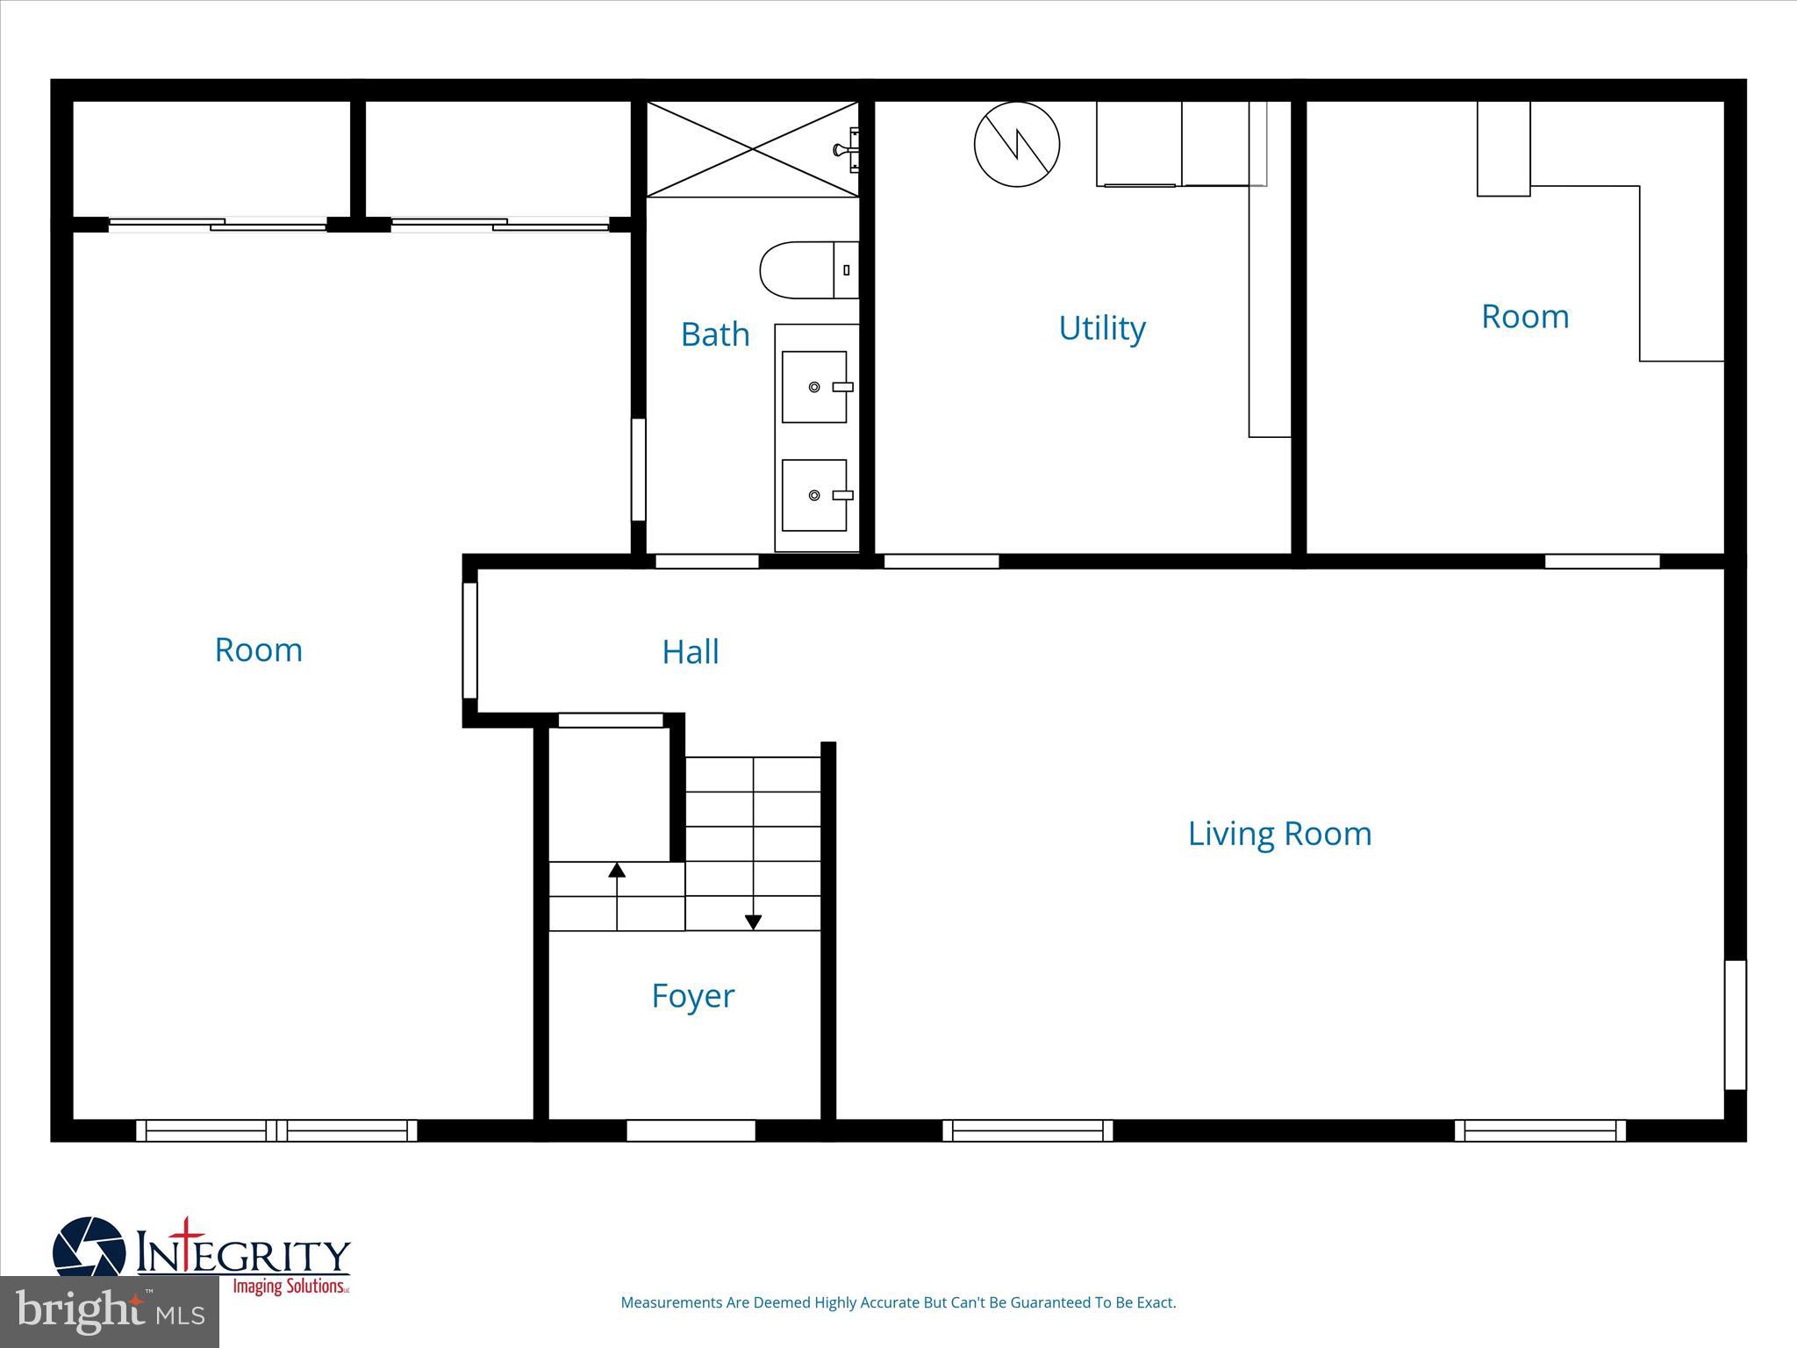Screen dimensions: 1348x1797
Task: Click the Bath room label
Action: (x=715, y=334)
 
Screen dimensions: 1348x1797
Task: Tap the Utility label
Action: (x=1102, y=328)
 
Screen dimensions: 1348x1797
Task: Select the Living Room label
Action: (x=1279, y=834)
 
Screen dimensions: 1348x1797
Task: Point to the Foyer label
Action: (x=692, y=996)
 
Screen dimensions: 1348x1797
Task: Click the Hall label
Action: (x=691, y=652)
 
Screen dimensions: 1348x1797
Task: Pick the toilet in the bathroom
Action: (x=808, y=270)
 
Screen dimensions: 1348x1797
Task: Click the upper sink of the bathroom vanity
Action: (x=814, y=387)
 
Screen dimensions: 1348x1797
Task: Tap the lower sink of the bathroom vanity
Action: (x=814, y=496)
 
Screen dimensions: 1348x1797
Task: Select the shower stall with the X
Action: (x=752, y=149)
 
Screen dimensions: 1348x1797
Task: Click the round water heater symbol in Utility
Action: (x=1017, y=144)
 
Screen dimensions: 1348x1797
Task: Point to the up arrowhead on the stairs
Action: (x=617, y=870)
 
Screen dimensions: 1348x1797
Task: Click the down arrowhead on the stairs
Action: (x=753, y=922)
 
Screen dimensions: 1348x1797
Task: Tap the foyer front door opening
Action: (x=691, y=1130)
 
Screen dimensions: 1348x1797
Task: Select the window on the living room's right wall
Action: (x=1735, y=1024)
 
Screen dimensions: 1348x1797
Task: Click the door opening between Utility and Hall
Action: (x=941, y=562)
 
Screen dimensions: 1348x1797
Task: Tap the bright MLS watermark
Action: (x=109, y=1311)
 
